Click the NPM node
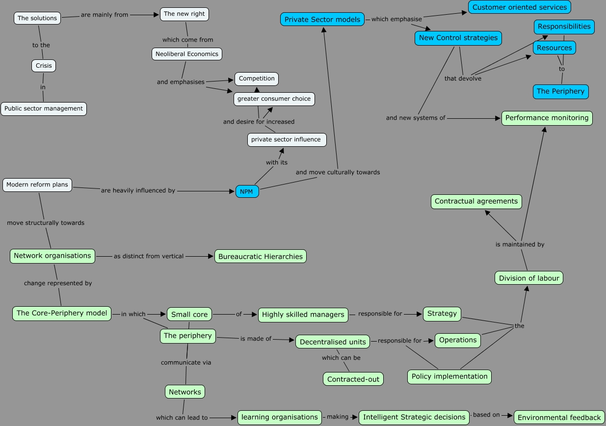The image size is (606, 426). click(247, 191)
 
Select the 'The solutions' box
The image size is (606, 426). click(37, 18)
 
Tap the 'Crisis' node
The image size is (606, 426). click(44, 65)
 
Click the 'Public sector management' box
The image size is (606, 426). click(44, 108)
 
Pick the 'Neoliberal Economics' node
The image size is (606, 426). click(187, 53)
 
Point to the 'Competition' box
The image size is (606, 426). click(257, 79)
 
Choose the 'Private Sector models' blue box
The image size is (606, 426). click(322, 20)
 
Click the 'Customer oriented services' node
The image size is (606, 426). click(520, 7)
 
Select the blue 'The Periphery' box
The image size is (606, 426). click(560, 91)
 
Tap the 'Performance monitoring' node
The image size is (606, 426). click(547, 118)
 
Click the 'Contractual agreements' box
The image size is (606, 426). click(476, 201)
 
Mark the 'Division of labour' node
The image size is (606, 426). click(529, 278)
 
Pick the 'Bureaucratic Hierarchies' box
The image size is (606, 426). click(261, 256)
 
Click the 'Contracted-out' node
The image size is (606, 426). click(353, 379)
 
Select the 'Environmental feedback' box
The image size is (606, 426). click(559, 418)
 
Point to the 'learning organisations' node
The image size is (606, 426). click(280, 417)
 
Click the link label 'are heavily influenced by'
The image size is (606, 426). click(138, 190)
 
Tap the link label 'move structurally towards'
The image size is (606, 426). click(46, 223)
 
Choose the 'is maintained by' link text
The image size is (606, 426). click(520, 244)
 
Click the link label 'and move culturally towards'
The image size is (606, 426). click(338, 172)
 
